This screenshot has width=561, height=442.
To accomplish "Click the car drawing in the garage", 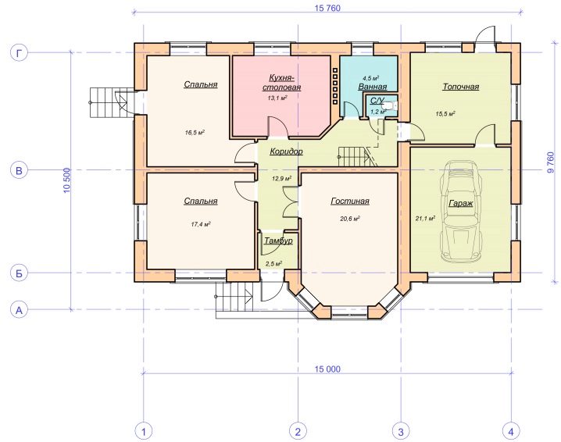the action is (x=461, y=212).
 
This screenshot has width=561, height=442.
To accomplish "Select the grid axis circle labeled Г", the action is (x=19, y=53).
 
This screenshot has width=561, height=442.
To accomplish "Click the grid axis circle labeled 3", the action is (x=401, y=431).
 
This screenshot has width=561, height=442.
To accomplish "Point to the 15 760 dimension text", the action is (x=327, y=8).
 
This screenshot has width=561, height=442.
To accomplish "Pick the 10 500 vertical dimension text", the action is (x=67, y=180).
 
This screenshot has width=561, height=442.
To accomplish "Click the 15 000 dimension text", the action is (x=327, y=369).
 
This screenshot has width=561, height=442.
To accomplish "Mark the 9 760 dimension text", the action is (x=550, y=163).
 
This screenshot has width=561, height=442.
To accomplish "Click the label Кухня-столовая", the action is (x=281, y=83).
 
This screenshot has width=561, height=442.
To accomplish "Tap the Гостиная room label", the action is (x=350, y=201).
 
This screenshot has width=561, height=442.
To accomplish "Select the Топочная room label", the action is (x=461, y=87).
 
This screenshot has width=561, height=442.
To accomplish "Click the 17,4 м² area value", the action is (x=200, y=224).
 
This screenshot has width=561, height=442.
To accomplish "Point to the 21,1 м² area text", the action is (x=425, y=218).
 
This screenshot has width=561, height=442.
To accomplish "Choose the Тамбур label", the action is (x=278, y=241).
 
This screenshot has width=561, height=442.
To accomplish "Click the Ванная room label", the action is (x=373, y=87).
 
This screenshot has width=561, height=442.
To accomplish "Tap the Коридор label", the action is (x=286, y=151).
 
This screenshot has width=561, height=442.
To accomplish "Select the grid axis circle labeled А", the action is (x=19, y=310).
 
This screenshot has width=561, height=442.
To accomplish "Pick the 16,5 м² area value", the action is (x=195, y=133).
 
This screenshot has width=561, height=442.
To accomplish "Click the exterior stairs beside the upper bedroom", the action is (x=107, y=102).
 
